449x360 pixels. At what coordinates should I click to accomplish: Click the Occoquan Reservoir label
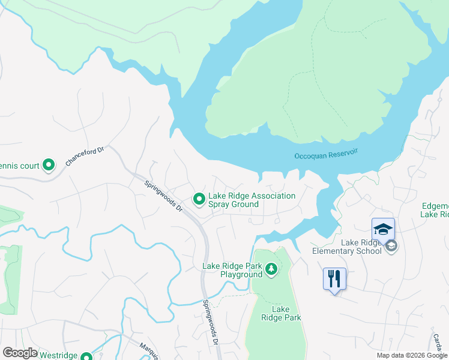(326, 153)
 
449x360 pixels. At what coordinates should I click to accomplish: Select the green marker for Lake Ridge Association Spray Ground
(198, 198)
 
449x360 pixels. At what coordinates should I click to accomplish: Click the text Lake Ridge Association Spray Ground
(252, 200)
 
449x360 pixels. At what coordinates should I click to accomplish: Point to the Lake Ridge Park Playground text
(232, 270)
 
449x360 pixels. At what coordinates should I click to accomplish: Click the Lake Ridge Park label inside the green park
(285, 313)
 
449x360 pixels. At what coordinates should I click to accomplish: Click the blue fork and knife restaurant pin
(334, 280)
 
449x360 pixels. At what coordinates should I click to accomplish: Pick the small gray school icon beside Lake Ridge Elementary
(391, 246)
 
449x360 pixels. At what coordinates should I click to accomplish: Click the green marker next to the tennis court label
(49, 165)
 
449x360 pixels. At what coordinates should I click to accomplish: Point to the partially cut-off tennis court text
(19, 166)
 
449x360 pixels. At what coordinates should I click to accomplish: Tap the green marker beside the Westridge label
(86, 355)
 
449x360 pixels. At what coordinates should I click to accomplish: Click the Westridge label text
(58, 355)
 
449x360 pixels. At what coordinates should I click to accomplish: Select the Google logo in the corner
(20, 353)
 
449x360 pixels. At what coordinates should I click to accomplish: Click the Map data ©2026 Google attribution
(412, 356)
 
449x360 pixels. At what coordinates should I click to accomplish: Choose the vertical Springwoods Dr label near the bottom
(209, 323)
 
